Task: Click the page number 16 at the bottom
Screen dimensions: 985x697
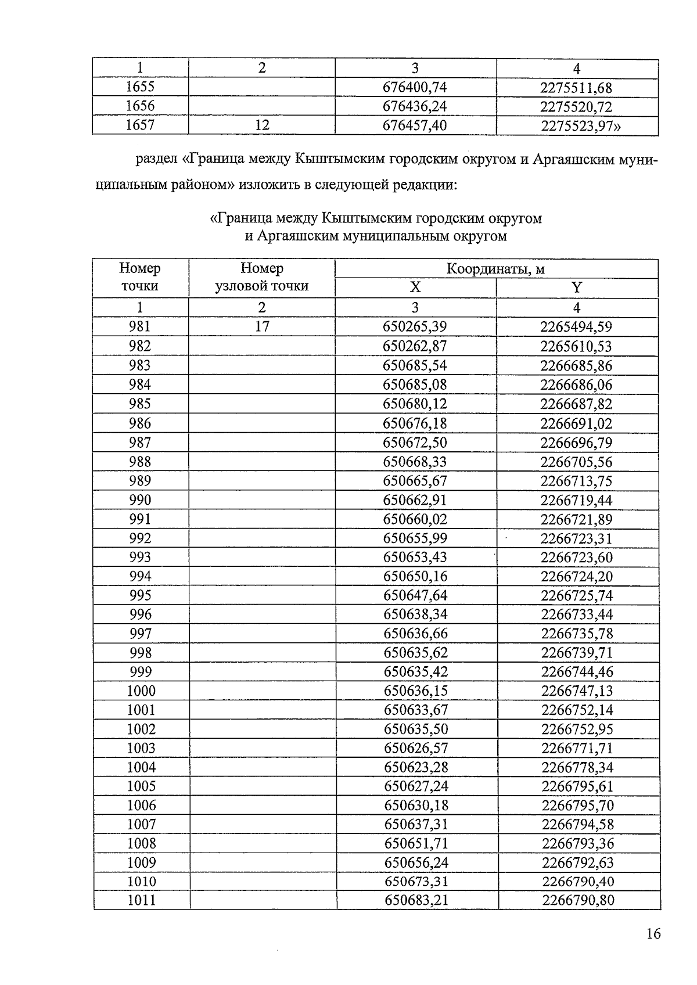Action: pyautogui.click(x=653, y=934)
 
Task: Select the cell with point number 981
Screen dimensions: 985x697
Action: pyautogui.click(x=140, y=327)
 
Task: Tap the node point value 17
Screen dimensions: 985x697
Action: pyautogui.click(x=262, y=327)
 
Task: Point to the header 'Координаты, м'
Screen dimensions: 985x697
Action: pyautogui.click(x=495, y=269)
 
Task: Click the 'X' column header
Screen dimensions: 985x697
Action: pyautogui.click(x=415, y=288)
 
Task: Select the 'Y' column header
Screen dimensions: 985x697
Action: pyautogui.click(x=576, y=288)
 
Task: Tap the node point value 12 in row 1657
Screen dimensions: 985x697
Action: pyautogui.click(x=262, y=125)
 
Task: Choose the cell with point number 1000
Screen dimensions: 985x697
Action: pyautogui.click(x=141, y=691)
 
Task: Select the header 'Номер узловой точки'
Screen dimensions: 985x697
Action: pyautogui.click(x=262, y=278)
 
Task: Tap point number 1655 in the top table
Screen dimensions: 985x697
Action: pyautogui.click(x=140, y=87)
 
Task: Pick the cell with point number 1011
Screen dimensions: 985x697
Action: pyautogui.click(x=141, y=901)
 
